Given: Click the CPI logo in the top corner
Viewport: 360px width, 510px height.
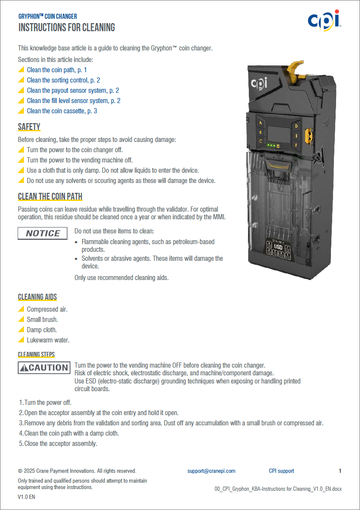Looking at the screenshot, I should pyautogui.click(x=324, y=20).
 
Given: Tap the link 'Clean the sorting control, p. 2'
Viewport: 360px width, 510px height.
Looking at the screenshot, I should pyautogui.click(x=63, y=80).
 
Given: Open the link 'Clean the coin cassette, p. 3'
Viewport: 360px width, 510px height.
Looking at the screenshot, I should pyautogui.click(x=62, y=111).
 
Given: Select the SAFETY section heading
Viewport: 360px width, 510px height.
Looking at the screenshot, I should pyautogui.click(x=29, y=127).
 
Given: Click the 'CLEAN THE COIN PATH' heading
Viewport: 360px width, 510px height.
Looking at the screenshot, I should pyautogui.click(x=50, y=197).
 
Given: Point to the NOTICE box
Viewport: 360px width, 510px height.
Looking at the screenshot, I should pyautogui.click(x=42, y=233).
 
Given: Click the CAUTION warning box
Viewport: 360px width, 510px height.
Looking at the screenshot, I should pyautogui.click(x=44, y=368).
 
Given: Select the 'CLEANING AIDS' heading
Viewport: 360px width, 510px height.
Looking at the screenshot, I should pyautogui.click(x=37, y=297).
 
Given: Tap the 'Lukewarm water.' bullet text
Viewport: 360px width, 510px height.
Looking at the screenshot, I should pyautogui.click(x=48, y=340).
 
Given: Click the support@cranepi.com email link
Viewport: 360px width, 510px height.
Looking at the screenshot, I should pyautogui.click(x=211, y=471).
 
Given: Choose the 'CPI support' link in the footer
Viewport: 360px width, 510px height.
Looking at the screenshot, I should pyautogui.click(x=281, y=471).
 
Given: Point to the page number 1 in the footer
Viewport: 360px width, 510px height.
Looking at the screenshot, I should pyautogui.click(x=340, y=471).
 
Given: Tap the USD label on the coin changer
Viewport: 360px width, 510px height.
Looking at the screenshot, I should pyautogui.click(x=278, y=247).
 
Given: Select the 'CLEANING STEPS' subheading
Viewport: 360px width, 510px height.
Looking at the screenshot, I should pyautogui.click(x=36, y=354).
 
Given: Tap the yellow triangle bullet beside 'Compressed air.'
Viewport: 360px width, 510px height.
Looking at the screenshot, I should pyautogui.click(x=21, y=309).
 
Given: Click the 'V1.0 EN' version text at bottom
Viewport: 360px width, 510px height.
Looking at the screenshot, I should pyautogui.click(x=27, y=497).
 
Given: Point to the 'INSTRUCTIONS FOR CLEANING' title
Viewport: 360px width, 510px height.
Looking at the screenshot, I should pyautogui.click(x=67, y=28).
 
